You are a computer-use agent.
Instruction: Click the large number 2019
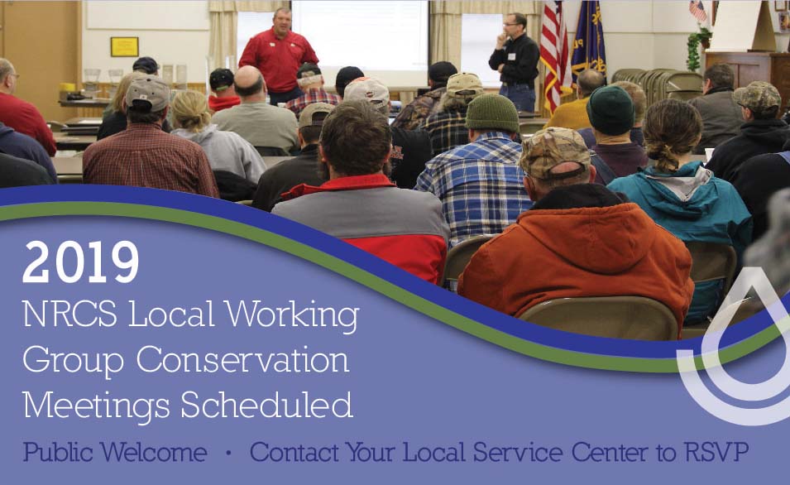pyautogui.click(x=80, y=262)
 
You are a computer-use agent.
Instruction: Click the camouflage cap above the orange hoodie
pyautogui.click(x=555, y=152)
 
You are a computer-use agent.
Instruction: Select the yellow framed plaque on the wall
pyautogui.click(x=124, y=46)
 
